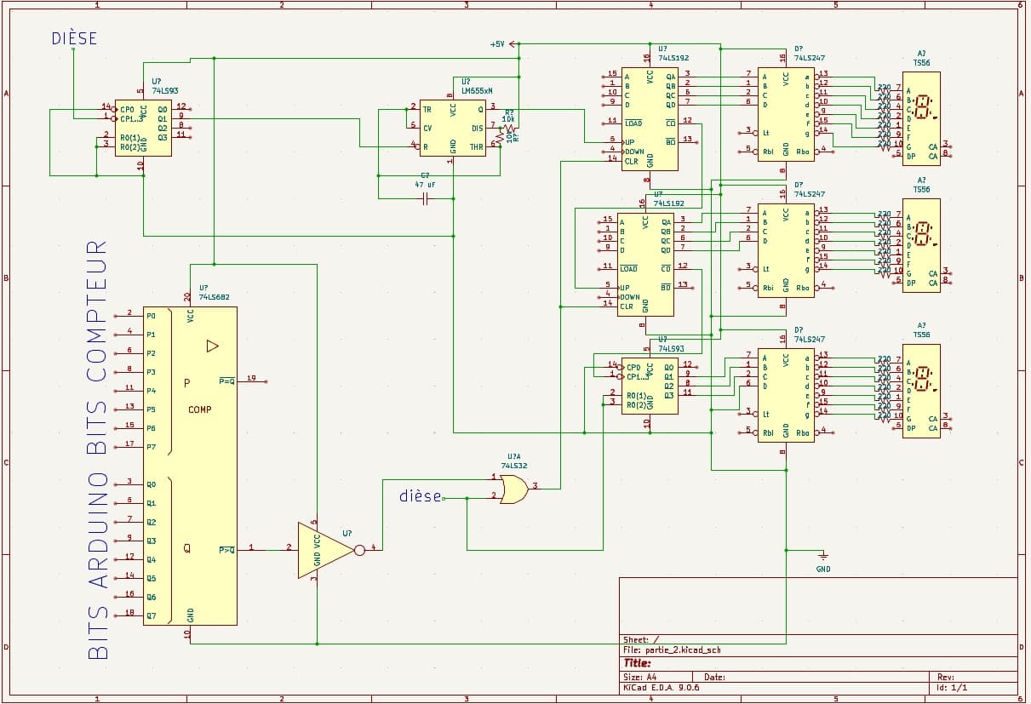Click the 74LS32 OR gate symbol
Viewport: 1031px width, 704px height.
[x=513, y=489]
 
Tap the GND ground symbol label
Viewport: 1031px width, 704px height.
[x=822, y=569]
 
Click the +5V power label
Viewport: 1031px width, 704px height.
[x=498, y=43]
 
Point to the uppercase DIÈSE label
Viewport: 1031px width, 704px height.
[x=74, y=38]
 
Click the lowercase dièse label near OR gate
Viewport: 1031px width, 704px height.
[x=421, y=496]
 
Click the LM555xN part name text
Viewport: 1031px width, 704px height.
[x=477, y=89]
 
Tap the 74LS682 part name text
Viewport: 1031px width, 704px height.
[x=214, y=297]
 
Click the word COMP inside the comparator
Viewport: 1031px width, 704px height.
[x=200, y=409]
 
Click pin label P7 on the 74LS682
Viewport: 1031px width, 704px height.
[x=151, y=447]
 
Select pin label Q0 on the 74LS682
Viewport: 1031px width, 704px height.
[x=151, y=484]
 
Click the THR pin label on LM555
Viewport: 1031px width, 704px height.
[x=477, y=147]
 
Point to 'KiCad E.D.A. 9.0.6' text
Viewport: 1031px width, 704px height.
[x=662, y=688]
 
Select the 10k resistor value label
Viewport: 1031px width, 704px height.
[x=508, y=119]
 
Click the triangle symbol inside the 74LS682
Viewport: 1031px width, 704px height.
[x=213, y=346]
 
